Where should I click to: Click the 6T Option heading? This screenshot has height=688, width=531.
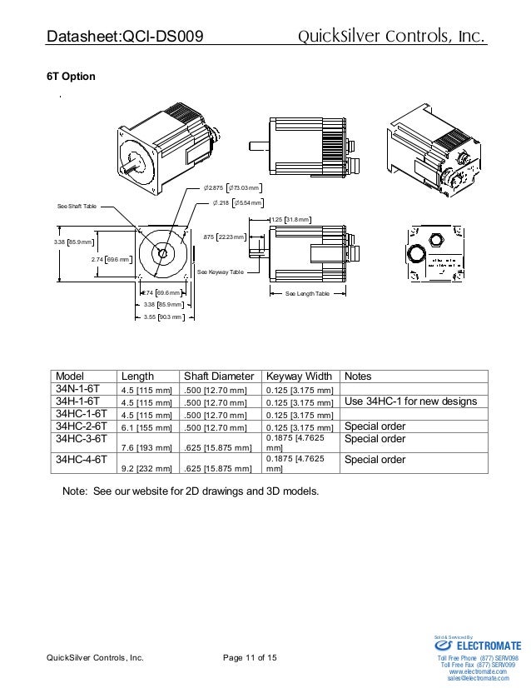coord(71,77)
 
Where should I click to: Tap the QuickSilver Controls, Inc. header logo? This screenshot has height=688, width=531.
coord(392,36)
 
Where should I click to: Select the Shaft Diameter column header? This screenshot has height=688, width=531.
coord(218,376)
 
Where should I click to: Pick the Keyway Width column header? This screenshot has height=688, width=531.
coord(299,376)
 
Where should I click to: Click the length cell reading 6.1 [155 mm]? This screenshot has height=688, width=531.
coord(146,427)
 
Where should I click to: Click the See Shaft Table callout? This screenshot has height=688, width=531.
coord(77,206)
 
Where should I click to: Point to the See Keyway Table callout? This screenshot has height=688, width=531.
coord(221,272)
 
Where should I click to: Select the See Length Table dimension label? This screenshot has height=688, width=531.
coord(307,295)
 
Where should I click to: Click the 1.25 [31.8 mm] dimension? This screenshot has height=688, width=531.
coord(290,220)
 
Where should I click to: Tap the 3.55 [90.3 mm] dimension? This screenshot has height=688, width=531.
coord(162,317)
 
